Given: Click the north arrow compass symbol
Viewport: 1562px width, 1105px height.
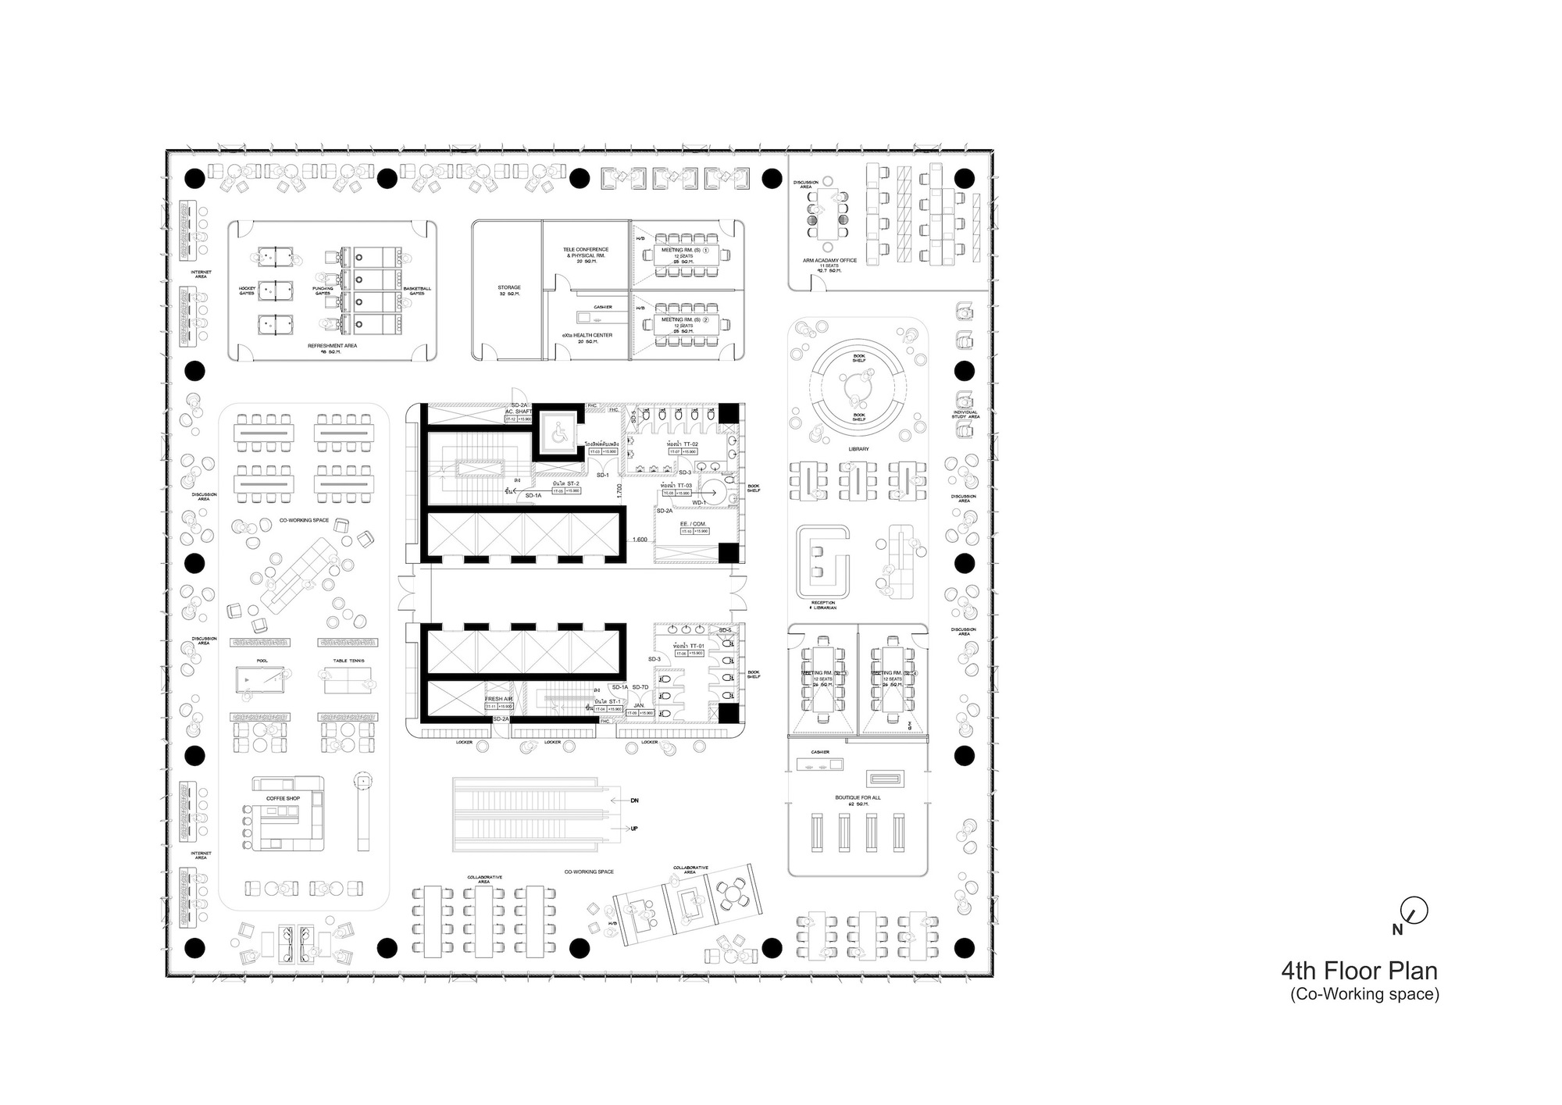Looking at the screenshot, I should point(1414,911).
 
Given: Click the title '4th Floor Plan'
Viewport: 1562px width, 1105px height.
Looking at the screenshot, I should point(1358,971).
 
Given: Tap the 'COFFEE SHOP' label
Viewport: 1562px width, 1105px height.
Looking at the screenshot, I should point(283,798).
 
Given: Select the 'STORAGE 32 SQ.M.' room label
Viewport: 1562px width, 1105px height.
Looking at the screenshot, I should point(508,291).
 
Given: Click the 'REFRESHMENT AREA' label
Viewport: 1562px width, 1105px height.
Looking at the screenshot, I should point(332,345).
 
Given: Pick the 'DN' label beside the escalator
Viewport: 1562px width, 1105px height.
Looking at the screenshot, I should point(634,800).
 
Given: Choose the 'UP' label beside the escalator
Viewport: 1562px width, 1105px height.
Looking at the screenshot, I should point(634,829).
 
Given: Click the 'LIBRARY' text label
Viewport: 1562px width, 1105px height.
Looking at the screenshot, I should point(858,449).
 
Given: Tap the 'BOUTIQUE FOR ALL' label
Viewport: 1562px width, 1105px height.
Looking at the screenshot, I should point(858,798).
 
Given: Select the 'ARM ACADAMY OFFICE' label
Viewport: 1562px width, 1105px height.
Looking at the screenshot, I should point(829,260).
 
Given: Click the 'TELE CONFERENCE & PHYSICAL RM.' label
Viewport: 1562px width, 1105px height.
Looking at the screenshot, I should point(586,253).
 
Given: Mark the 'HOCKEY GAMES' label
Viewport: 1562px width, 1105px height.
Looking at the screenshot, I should point(247,291).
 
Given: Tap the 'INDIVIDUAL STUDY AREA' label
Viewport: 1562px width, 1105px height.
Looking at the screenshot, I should point(965,415).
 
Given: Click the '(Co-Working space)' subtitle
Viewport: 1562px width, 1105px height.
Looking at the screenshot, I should point(1364,994).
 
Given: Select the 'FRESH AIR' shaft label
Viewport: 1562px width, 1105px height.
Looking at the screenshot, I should point(498,699).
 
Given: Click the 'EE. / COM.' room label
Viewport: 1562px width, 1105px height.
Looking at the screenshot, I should point(693,522).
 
